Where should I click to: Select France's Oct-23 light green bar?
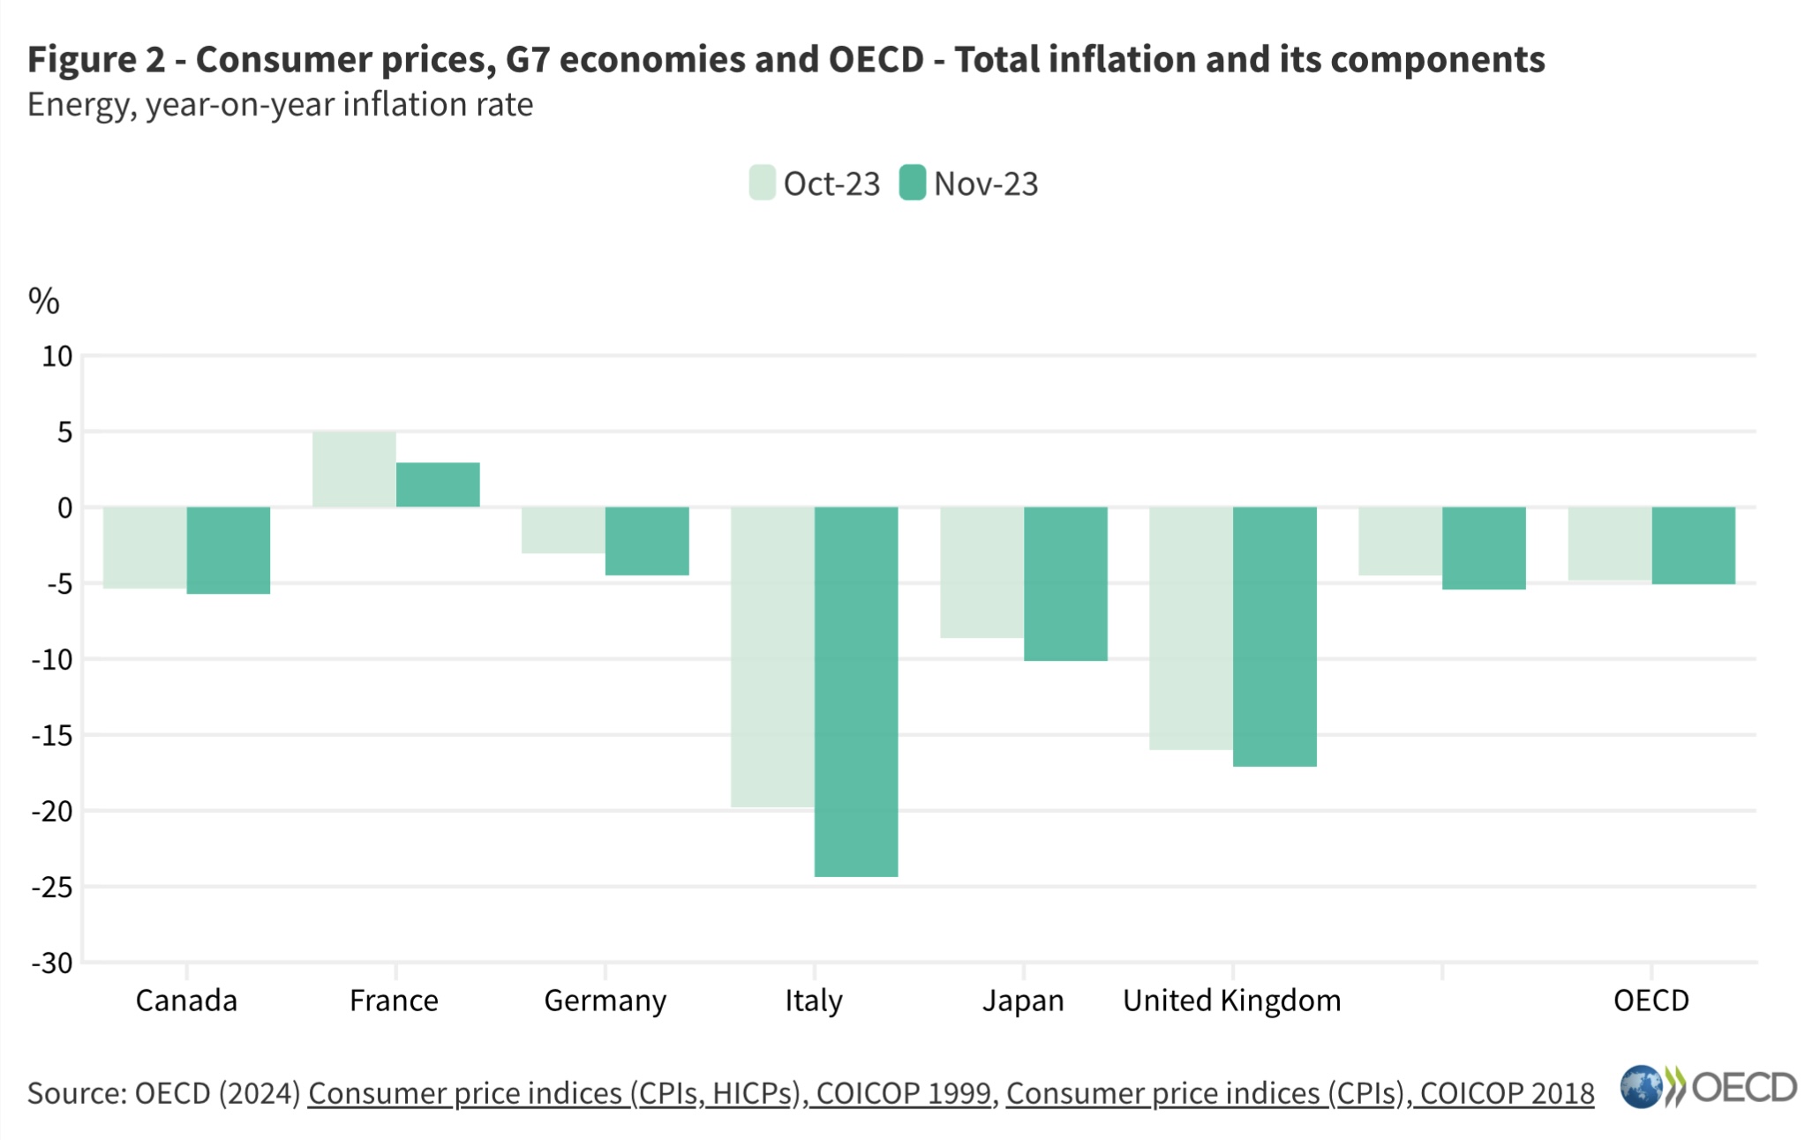(x=354, y=469)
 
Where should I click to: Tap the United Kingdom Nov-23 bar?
(x=1274, y=636)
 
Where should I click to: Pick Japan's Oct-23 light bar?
(x=981, y=572)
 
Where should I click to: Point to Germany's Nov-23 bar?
(x=646, y=541)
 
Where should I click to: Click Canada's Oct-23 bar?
(x=145, y=547)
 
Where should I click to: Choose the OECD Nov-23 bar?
(x=1692, y=545)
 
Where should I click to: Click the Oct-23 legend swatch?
(x=762, y=184)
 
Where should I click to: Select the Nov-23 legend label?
(x=985, y=184)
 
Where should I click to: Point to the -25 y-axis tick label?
(x=52, y=887)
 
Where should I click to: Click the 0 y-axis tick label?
(x=64, y=508)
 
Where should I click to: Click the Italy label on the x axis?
(x=813, y=1001)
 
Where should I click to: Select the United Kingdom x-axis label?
(x=1231, y=1001)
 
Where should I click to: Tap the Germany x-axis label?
(x=605, y=1001)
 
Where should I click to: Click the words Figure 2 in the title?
(x=96, y=59)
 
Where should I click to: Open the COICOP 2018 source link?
(x=1299, y=1093)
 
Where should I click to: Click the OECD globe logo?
(x=1641, y=1087)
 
